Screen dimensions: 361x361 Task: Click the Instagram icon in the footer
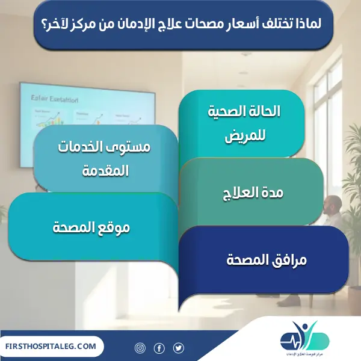[140, 348]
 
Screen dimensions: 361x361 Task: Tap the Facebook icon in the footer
[159, 348]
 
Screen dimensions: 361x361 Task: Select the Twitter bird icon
[178, 348]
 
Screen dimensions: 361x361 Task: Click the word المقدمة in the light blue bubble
[105, 171]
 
